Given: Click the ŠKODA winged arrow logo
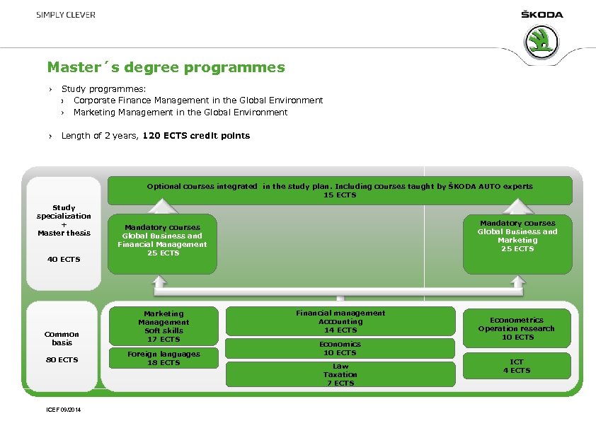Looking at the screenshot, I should click(543, 42).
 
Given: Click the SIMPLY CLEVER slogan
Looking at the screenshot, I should click(66, 15).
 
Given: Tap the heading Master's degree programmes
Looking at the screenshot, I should click(166, 68).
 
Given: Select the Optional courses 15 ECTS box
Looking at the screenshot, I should click(340, 190).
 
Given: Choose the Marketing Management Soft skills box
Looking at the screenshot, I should click(164, 326).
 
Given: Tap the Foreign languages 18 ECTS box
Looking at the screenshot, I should click(164, 359).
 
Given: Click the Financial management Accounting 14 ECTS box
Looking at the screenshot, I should click(340, 321).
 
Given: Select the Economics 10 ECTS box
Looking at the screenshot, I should click(340, 348).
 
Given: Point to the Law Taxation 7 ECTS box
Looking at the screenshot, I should click(340, 374).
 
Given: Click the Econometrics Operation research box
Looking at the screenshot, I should click(517, 328).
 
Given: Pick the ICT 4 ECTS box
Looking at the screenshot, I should click(517, 366).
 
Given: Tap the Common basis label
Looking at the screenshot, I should click(62, 338).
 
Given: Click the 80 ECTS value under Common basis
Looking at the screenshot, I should click(63, 360).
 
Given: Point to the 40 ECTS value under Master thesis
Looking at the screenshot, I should click(64, 259).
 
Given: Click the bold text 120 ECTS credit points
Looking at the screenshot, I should click(196, 135).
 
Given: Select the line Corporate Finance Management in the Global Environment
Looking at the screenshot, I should click(198, 100).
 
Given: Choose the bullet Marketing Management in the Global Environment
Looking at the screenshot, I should click(180, 112).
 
